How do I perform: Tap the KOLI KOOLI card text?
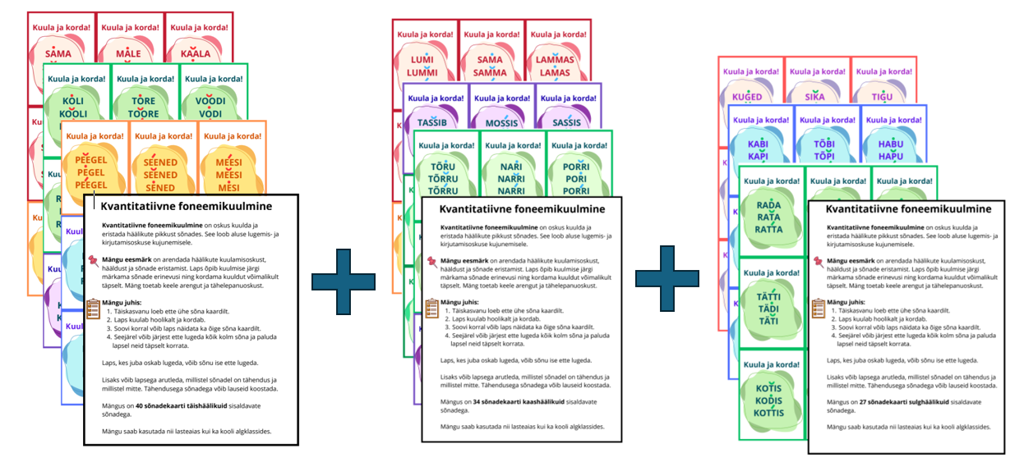(73, 108)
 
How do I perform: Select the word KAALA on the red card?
(196, 53)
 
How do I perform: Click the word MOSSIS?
(501, 123)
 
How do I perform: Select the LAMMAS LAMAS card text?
(553, 66)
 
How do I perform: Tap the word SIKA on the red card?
(814, 96)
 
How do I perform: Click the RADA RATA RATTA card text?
(769, 217)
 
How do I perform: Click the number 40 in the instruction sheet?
(141, 405)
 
